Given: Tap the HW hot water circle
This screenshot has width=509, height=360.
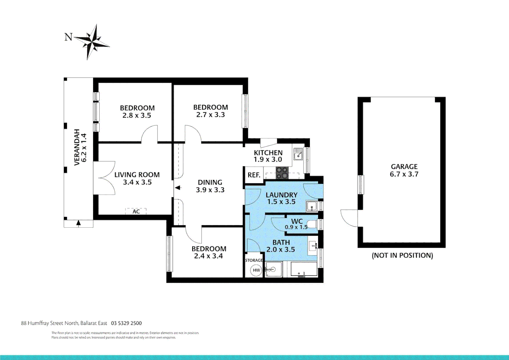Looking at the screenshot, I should (256, 270).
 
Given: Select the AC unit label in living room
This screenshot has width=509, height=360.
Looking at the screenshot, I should (136, 211).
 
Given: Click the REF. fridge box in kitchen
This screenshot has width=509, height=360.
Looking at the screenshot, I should (254, 175).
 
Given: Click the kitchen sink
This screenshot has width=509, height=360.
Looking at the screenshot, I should (298, 154).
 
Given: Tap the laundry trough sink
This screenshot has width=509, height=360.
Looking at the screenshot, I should (311, 206).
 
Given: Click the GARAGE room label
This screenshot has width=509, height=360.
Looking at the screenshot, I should (404, 166).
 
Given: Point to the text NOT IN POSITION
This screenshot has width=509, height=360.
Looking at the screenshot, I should (402, 255).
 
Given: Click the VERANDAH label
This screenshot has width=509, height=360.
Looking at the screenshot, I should (77, 147).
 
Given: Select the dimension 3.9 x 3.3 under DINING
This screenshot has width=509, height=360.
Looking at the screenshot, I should (210, 190).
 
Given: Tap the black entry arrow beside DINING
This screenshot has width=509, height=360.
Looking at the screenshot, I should (178, 188).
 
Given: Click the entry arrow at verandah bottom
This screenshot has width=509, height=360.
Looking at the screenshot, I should (78, 223).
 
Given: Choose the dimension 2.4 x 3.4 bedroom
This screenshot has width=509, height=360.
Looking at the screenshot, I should (209, 256).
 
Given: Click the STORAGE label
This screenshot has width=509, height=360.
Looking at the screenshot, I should (254, 260).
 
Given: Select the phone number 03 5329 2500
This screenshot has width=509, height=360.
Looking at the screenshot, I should (126, 323).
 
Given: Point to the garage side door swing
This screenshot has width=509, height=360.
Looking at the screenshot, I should (350, 218).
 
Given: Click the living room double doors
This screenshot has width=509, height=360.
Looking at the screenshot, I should (105, 178).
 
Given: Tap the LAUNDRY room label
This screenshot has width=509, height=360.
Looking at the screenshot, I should (281, 195).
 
